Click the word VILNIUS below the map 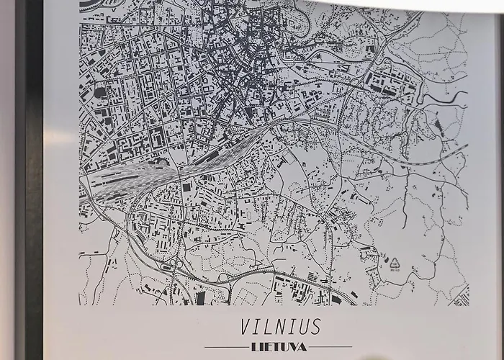[280, 327]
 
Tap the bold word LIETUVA [279, 347]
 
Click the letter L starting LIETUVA [255, 347]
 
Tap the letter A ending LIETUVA [303, 347]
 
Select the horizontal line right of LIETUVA [331, 347]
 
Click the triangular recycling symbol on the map [394, 264]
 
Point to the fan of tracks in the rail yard [144, 176]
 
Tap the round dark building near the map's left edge [100, 92]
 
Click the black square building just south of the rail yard [186, 187]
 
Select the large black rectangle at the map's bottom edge [200, 297]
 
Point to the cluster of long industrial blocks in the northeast [389, 86]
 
